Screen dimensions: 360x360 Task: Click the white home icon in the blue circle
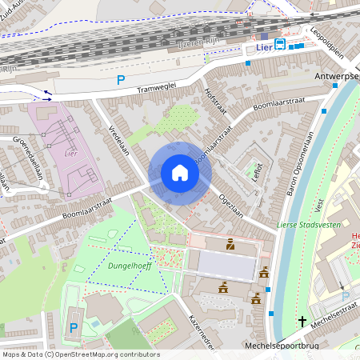point(180,173)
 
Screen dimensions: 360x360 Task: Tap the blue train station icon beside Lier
point(280,45)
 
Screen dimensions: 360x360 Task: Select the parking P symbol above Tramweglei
point(121,79)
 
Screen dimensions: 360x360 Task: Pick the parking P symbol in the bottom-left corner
point(74,327)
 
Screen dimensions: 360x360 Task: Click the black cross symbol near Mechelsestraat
point(302,322)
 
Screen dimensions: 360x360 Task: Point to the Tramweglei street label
point(167,86)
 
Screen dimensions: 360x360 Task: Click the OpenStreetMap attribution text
point(81,354)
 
